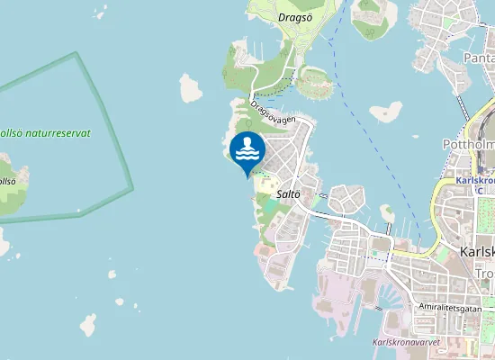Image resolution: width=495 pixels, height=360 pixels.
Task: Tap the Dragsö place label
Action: pos(295,16)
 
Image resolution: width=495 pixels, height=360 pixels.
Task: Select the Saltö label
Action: pos(289,194)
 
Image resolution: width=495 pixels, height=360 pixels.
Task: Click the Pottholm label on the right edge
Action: pos(468,144)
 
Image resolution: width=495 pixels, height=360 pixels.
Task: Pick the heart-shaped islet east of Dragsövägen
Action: pos(386,112)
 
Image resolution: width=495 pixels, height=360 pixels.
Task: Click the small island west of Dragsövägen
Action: pos(190,88)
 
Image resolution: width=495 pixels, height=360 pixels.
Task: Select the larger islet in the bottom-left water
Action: pos(88,324)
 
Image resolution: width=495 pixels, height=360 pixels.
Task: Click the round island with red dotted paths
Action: pos(314,83)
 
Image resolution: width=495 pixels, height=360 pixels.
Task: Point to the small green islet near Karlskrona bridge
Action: pos(387,213)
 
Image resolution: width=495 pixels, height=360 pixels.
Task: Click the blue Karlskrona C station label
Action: pos(475,184)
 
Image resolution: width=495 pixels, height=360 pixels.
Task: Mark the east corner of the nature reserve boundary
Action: pos(132,189)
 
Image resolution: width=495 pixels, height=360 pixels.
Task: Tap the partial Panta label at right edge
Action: pos(477,58)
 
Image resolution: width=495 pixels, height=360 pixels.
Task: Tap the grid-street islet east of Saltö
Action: pos(346,200)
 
